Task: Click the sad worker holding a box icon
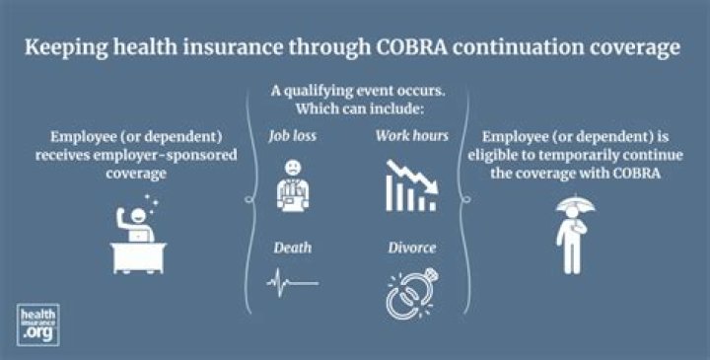292,187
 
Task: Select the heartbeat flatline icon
291,283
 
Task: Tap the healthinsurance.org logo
38,324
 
